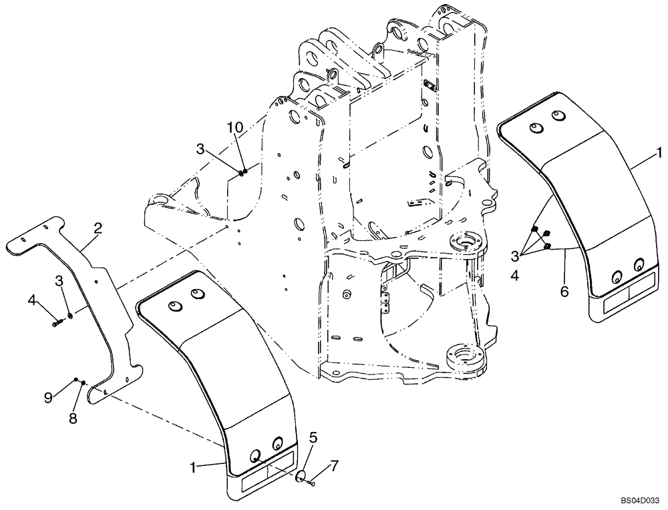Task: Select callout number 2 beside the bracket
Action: pyautogui.click(x=98, y=229)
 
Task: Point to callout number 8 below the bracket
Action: pyautogui.click(x=72, y=418)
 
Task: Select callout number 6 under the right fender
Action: pyautogui.click(x=565, y=292)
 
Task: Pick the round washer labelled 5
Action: pyautogui.click(x=301, y=475)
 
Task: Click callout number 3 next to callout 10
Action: pyautogui.click(x=200, y=147)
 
